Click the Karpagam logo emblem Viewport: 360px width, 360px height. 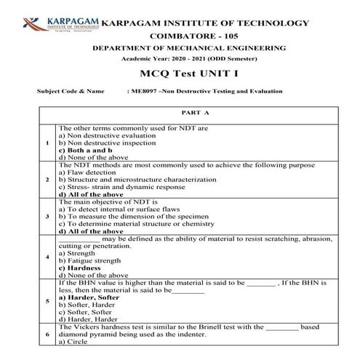pyautogui.click(x=31, y=20)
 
